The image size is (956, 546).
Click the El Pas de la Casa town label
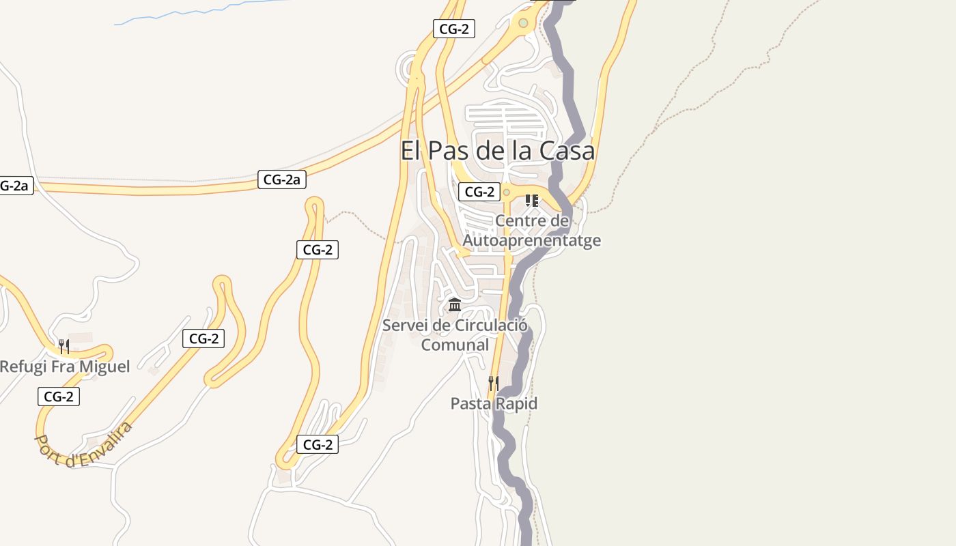point(497,151)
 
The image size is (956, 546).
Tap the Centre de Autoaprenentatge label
point(532,231)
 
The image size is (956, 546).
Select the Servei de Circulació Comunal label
point(455,334)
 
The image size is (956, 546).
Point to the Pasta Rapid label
point(494,403)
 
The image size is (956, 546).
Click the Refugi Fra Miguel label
point(64,367)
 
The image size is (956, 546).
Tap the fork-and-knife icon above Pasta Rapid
point(493,383)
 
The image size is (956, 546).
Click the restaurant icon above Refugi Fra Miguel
point(64,346)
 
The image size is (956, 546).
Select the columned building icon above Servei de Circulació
point(455,304)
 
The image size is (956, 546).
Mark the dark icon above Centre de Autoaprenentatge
point(532,201)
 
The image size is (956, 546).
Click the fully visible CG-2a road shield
point(282,179)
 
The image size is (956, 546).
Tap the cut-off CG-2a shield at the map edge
point(14,185)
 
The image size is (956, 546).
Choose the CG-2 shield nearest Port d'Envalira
point(59,397)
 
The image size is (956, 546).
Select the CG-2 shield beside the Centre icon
point(479,192)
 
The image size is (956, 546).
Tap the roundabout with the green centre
point(523,23)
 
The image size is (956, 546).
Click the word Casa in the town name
point(567,151)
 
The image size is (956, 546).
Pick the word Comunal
point(455,345)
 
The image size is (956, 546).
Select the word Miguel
point(104,367)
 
